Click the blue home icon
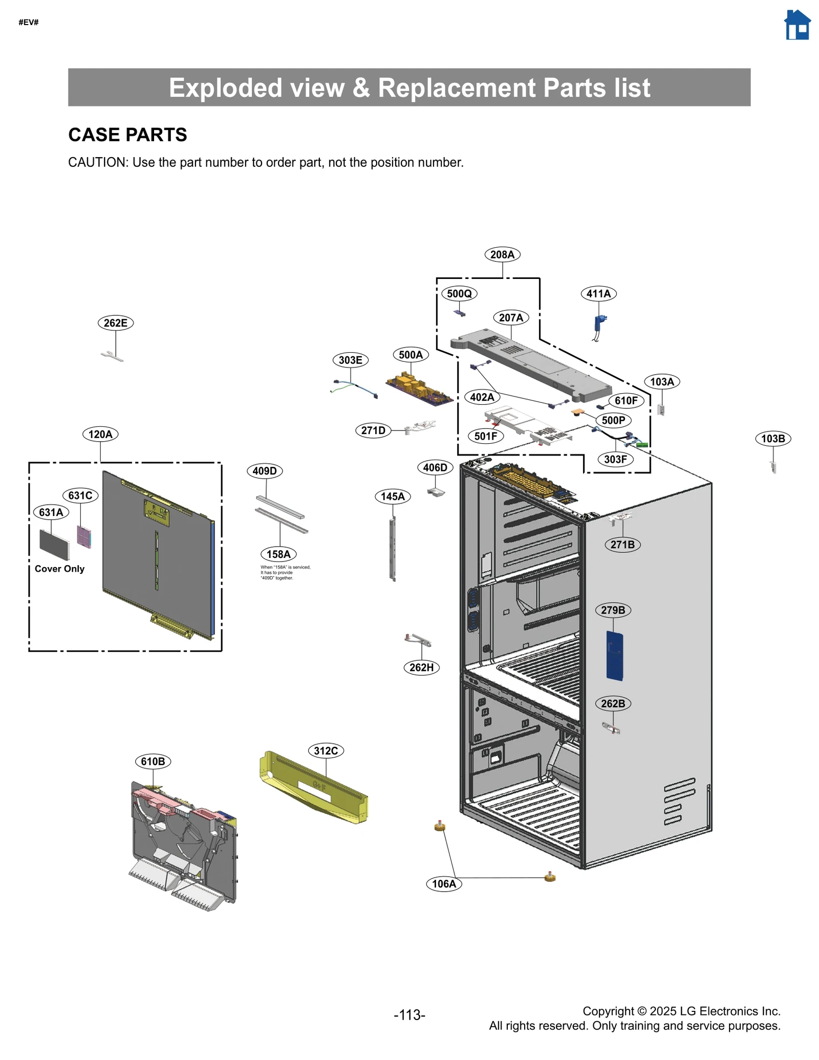click(x=796, y=25)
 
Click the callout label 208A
click(x=502, y=254)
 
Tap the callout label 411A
click(x=598, y=294)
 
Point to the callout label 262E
click(x=115, y=323)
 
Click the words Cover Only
click(x=59, y=569)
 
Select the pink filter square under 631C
click(x=84, y=536)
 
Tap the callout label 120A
click(x=100, y=435)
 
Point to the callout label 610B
click(x=153, y=762)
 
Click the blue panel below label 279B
click(x=614, y=656)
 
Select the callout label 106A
click(x=444, y=884)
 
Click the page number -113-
click(x=409, y=1015)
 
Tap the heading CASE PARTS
click(x=127, y=135)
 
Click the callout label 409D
click(x=265, y=471)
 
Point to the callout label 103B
click(x=772, y=439)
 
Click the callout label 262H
click(x=421, y=667)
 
